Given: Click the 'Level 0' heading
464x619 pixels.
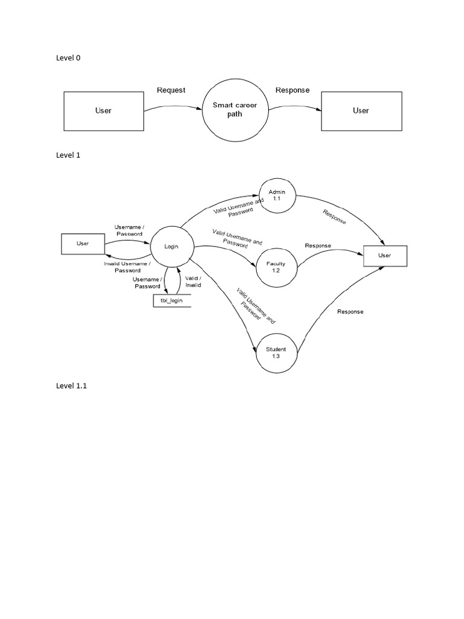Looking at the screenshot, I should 68,58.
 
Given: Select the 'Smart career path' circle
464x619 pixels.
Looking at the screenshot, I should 234,109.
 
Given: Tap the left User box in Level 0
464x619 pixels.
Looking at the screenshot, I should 103,111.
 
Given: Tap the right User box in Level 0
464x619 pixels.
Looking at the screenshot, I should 360,111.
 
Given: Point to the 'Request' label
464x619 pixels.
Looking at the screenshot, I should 171,90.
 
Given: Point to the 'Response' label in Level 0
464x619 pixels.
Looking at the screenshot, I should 292,90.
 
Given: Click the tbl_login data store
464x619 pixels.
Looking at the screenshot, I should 172,300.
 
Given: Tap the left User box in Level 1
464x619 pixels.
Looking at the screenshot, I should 83,244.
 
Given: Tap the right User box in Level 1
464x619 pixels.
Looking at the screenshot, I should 385,256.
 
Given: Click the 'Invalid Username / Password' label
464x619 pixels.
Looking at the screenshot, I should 127,267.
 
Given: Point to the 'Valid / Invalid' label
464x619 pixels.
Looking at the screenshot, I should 193,280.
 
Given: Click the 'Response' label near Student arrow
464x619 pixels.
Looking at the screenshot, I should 350,312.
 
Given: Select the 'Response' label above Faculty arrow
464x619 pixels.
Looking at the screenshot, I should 318,245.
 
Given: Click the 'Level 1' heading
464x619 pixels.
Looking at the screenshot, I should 68,155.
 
